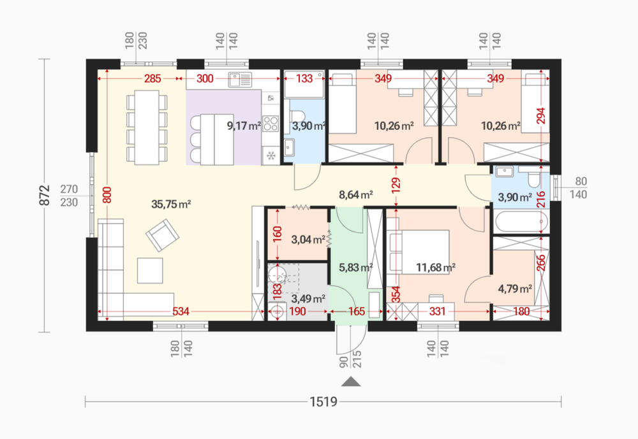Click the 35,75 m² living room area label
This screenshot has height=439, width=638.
click(171, 204)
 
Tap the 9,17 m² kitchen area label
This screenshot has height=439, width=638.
click(244, 126)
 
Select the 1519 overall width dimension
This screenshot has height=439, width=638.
click(323, 401)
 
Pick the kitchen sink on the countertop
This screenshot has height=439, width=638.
click(240, 80)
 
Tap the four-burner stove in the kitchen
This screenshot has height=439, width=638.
click(271, 124)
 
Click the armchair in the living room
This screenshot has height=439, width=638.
click(162, 235)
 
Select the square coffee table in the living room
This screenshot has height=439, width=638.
click(150, 270)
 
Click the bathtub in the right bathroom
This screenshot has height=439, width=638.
click(521, 222)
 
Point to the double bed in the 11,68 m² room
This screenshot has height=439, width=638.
click(419, 252)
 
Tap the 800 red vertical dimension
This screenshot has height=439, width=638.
click(107, 195)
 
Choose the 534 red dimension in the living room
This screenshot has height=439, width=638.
click(181, 312)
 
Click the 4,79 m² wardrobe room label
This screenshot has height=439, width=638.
click(515, 289)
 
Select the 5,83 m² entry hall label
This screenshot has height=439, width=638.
click(356, 268)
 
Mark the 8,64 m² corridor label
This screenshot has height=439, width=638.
click(356, 195)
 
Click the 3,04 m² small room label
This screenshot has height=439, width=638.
click(308, 240)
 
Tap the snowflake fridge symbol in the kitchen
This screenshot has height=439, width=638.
click(271, 155)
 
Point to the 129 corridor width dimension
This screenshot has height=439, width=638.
click(396, 185)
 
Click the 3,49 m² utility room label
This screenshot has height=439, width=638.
click(308, 299)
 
